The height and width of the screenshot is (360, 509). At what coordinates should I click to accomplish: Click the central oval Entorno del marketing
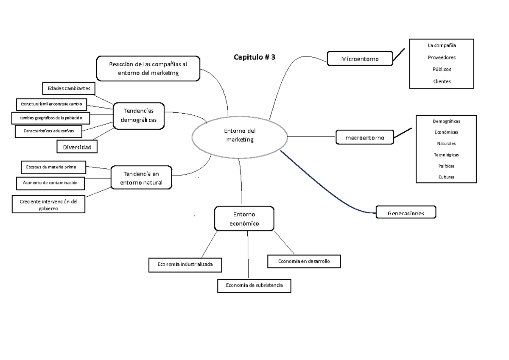tap(241, 136)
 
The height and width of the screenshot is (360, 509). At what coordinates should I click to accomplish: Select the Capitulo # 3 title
tap(255, 57)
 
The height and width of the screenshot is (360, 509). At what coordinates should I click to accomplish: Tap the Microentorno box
tap(360, 58)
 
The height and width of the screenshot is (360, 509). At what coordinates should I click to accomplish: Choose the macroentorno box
tap(365, 137)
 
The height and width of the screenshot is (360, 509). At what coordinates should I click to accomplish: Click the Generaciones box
tap(406, 212)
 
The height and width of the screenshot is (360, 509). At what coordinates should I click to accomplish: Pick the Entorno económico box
tap(244, 219)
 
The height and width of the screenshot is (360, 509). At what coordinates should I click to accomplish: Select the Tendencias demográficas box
tap(138, 115)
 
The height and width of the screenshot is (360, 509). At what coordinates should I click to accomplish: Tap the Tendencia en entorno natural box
tap(141, 178)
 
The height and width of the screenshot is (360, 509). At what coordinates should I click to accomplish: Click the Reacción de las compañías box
tap(148, 68)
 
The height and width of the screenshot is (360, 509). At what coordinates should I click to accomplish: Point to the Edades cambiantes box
tap(69, 88)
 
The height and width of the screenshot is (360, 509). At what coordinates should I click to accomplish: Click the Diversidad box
tap(77, 147)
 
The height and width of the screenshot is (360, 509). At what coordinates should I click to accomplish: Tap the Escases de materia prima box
tap(53, 167)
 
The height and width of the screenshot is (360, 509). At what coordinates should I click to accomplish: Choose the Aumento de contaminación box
tap(53, 183)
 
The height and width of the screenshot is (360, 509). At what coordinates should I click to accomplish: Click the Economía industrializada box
tap(185, 265)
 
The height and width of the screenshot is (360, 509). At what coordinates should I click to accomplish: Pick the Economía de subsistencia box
tap(254, 285)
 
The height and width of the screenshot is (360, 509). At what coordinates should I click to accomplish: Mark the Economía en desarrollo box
tap(304, 261)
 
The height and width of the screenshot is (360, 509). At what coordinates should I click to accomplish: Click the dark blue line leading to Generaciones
tap(322, 183)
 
